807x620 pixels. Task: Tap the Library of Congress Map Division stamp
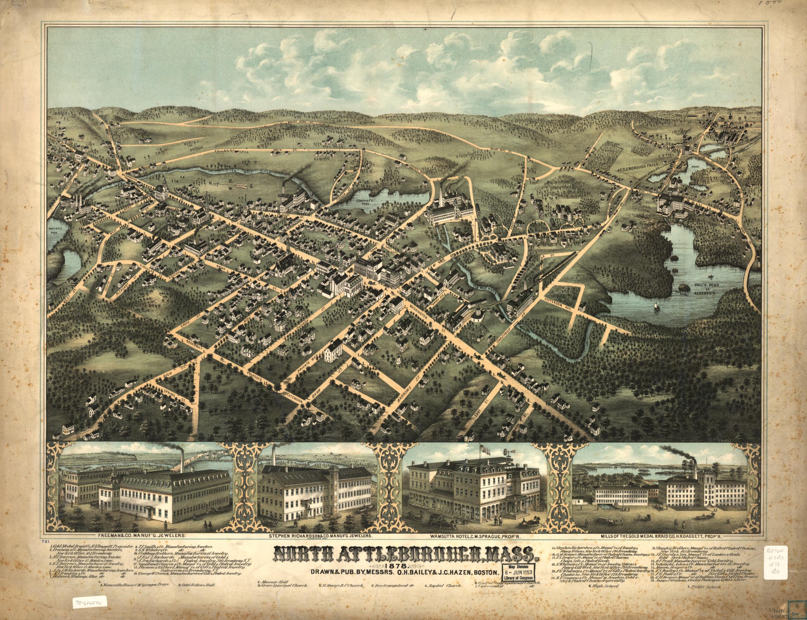[519, 562]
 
